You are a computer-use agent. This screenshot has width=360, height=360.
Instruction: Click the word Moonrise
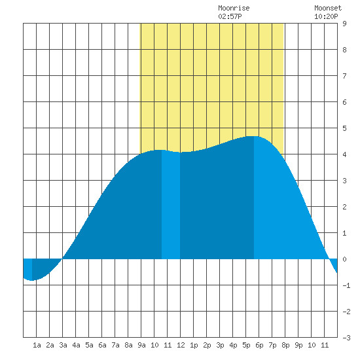point(234,8)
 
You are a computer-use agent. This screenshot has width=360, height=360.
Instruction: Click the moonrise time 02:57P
point(230,16)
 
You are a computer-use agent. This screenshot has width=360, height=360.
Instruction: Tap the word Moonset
point(328,8)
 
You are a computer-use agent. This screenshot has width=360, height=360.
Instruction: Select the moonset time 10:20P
point(326,16)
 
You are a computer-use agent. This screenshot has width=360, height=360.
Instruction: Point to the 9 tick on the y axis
point(344,24)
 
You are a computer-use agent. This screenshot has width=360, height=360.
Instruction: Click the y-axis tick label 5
point(344,128)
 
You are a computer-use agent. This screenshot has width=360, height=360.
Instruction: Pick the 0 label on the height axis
point(344,259)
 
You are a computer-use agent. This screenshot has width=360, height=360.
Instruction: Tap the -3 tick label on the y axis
point(346,338)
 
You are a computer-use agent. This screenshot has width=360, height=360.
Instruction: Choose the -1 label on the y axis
point(346,285)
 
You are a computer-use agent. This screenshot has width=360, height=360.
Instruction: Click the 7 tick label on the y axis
point(344,76)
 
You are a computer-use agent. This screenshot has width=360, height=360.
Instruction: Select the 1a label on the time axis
point(37,345)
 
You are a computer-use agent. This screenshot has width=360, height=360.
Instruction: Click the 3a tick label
point(63,345)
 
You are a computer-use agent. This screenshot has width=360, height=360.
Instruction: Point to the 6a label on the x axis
point(102,345)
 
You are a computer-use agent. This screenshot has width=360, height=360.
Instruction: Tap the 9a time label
point(141,345)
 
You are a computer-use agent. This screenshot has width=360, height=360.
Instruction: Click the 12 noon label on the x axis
point(181,345)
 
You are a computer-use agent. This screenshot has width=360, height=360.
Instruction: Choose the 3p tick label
point(220,345)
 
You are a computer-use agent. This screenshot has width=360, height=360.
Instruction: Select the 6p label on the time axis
point(259,345)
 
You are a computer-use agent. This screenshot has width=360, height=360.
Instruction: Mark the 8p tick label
point(285,345)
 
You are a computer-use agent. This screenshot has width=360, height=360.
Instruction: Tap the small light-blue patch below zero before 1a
point(27,268)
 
